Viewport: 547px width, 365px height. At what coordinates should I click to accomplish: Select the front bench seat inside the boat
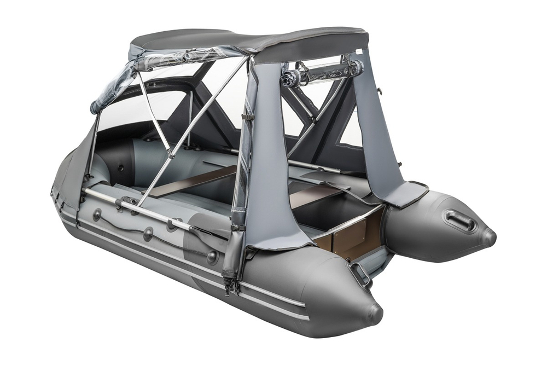(191, 181)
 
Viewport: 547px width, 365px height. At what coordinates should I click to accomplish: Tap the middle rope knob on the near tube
(148, 234)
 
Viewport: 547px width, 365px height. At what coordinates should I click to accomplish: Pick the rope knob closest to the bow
(97, 215)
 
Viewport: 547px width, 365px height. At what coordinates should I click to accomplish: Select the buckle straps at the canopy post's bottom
(229, 282)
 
